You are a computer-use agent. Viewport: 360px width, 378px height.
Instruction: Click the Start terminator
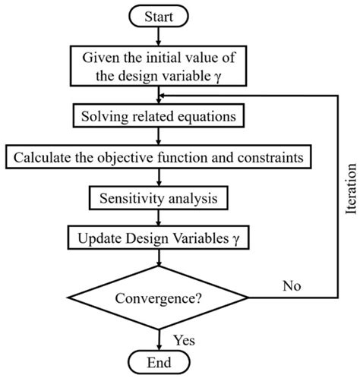pyautogui.click(x=158, y=15)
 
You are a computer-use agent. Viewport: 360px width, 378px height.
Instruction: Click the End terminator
pyautogui.click(x=158, y=361)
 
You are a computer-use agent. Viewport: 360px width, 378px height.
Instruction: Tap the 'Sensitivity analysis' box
pyautogui.click(x=158, y=199)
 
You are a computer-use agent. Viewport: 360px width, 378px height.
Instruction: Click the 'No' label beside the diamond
pyautogui.click(x=292, y=287)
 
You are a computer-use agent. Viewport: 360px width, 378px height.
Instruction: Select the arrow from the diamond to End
pyautogui.click(x=158, y=337)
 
